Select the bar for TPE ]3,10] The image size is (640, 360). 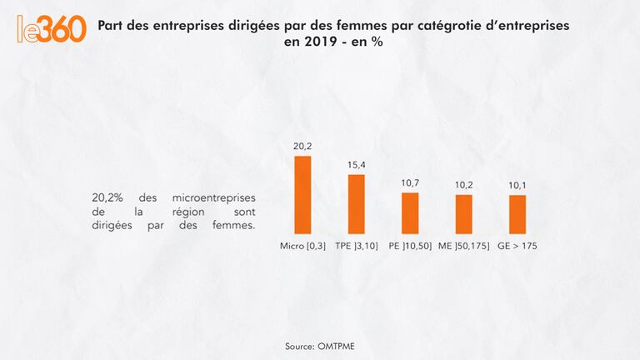click(x=356, y=203)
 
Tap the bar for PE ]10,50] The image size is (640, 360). click(x=410, y=212)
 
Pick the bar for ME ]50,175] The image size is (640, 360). click(x=464, y=213)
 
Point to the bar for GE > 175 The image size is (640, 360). click(x=517, y=213)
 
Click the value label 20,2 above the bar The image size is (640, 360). click(x=302, y=146)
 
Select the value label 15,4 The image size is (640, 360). click(x=357, y=164)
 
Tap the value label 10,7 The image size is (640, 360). click(x=410, y=182)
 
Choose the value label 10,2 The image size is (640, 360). click(x=464, y=185)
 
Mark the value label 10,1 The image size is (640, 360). click(x=517, y=185)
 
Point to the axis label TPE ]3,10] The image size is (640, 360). click(x=357, y=247)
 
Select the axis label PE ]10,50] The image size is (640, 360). click(x=410, y=247)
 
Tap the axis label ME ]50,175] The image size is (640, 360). click(x=464, y=247)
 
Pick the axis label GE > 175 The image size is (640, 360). click(x=517, y=247)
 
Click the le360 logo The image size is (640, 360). click(x=52, y=28)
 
